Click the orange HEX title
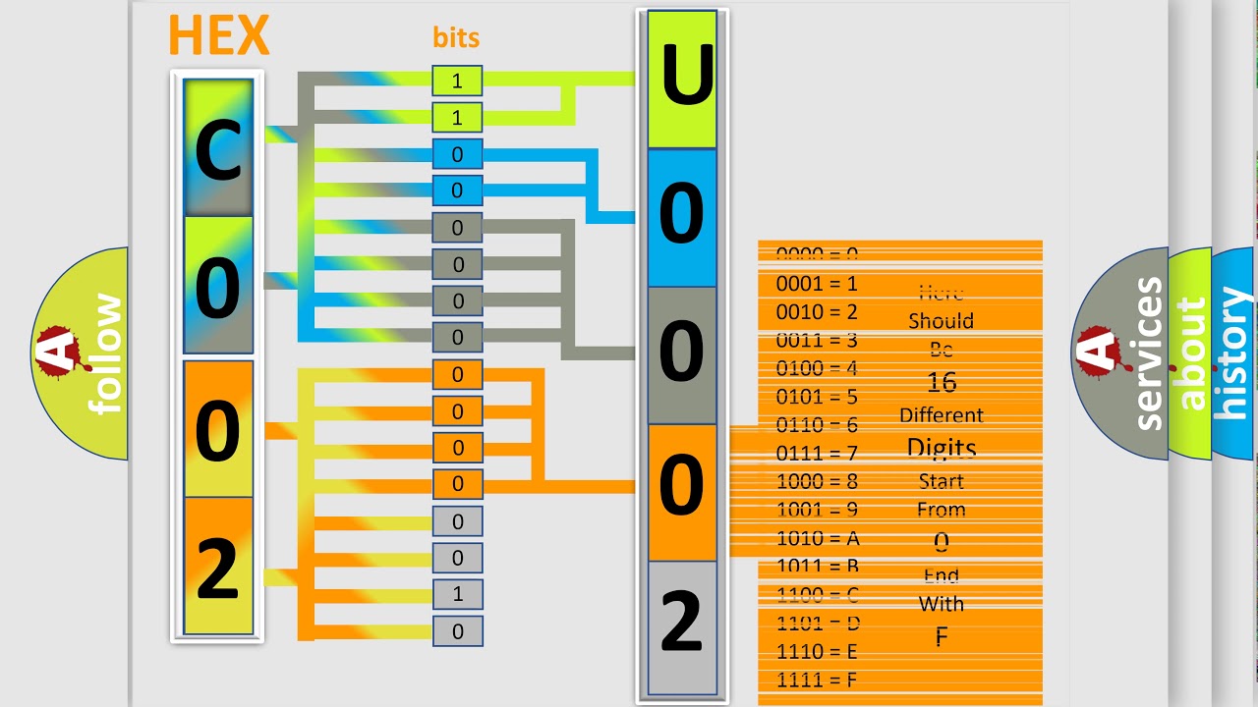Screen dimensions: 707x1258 [x=218, y=36]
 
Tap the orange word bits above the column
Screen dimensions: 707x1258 [x=456, y=38]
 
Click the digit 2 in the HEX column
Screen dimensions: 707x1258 [x=218, y=567]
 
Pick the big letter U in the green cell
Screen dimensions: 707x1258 [x=682, y=79]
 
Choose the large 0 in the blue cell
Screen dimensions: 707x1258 [x=682, y=216]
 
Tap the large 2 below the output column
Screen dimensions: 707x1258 [x=682, y=623]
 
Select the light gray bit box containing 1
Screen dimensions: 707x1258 [x=457, y=594]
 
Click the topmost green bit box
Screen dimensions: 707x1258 [x=457, y=81]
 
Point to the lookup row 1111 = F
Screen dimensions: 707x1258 [x=818, y=680]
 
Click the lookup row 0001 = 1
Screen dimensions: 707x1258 [x=818, y=284]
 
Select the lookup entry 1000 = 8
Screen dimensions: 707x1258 [x=818, y=482]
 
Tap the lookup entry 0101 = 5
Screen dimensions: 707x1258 [x=818, y=398]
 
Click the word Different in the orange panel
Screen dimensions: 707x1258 [x=942, y=415]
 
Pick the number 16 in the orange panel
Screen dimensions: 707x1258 [x=942, y=382]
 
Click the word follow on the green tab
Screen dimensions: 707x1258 [x=105, y=353]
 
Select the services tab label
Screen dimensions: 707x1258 [x=1147, y=353]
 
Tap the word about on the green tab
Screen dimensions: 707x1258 [x=1190, y=353]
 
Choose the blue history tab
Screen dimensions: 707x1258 [x=1233, y=353]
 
